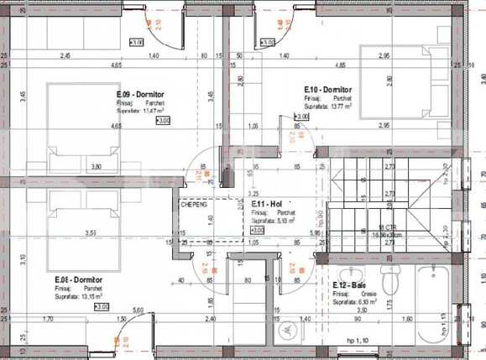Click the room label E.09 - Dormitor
(x=140, y=95)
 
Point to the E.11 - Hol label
(x=264, y=204)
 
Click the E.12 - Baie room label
(x=347, y=285)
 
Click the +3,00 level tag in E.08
(x=102, y=307)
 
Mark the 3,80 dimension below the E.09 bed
(x=96, y=167)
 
